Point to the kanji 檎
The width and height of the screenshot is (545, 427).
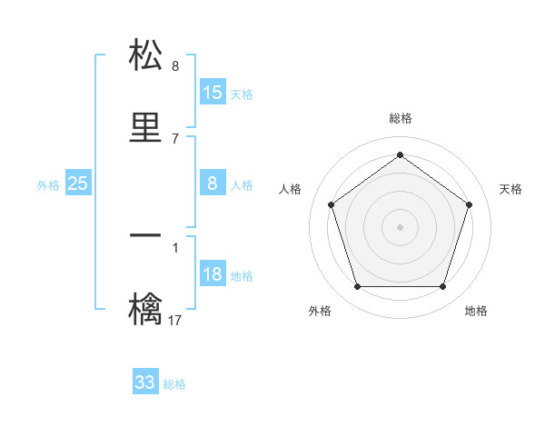(x=146, y=309)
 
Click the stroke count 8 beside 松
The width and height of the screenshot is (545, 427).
(x=175, y=66)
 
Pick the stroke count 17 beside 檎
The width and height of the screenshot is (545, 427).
(x=175, y=320)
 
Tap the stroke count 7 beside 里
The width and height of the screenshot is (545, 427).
(x=175, y=138)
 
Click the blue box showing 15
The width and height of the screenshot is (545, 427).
(x=213, y=93)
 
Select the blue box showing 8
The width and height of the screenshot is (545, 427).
(x=213, y=184)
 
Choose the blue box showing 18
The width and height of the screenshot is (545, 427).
(x=213, y=274)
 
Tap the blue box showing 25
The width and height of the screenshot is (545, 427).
(x=78, y=184)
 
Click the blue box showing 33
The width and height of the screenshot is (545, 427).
(x=145, y=382)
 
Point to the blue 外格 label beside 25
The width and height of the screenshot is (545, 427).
(x=48, y=185)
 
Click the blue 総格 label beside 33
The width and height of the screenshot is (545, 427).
(x=174, y=384)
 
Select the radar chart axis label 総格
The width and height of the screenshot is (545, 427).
(x=401, y=118)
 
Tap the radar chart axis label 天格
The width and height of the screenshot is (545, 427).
(x=510, y=189)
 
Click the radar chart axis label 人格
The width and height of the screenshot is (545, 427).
(x=291, y=189)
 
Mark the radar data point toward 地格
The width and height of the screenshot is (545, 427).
(x=442, y=287)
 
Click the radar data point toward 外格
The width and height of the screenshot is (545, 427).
(x=357, y=287)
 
